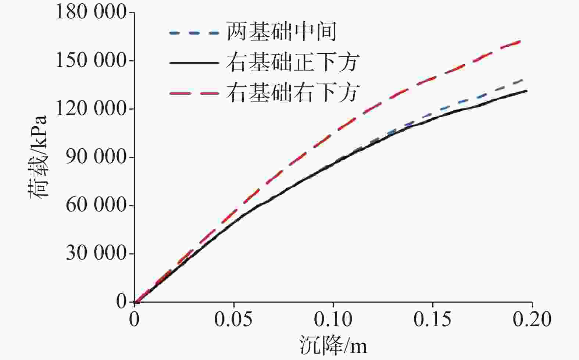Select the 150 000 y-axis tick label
pyautogui.click(x=90, y=61)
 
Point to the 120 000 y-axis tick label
pyautogui.click(x=90, y=109)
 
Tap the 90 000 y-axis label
pyautogui.click(x=96, y=157)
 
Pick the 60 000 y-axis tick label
pyautogui.click(x=96, y=205)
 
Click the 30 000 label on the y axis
pyautogui.click(x=96, y=253)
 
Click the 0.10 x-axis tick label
pyautogui.click(x=333, y=320)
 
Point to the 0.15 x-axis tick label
pyautogui.click(x=433, y=320)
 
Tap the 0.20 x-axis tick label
pyautogui.click(x=532, y=320)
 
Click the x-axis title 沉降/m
pyautogui.click(x=333, y=346)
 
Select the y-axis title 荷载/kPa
pyautogui.click(x=39, y=157)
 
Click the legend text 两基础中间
pyautogui.click(x=282, y=32)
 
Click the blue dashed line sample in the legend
pyautogui.click(x=194, y=33)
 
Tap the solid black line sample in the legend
pyautogui.click(x=194, y=63)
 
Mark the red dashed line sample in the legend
pyautogui.click(x=194, y=93)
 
